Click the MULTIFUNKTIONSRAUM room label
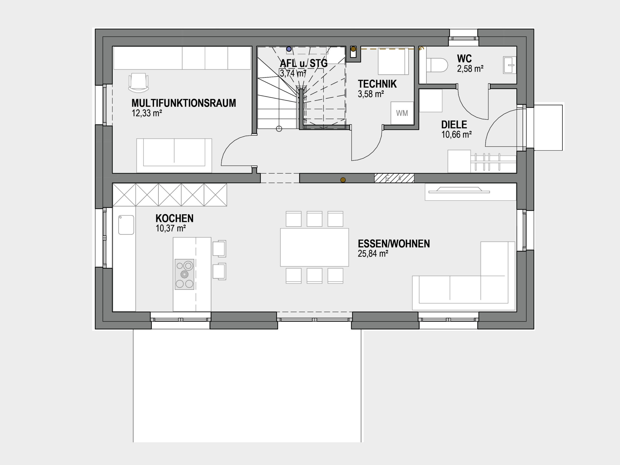pos(184,103)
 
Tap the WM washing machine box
pos(402,113)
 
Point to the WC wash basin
pos(510,65)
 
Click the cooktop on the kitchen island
pos(185,274)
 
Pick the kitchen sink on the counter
pos(126,225)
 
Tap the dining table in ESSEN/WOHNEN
pos(315,247)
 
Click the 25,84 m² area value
pos(373,254)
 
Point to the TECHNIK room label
pos(377,84)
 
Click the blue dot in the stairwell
pos(289,49)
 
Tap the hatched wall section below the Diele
pos(394,178)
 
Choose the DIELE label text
pos(454,124)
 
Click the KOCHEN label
pos(174,218)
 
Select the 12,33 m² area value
pos(147,113)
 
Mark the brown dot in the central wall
pos(343,180)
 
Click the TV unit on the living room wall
pos(470,192)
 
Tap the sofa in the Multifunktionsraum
pos(174,155)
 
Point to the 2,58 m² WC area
pos(470,69)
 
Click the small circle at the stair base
pos(279,129)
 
